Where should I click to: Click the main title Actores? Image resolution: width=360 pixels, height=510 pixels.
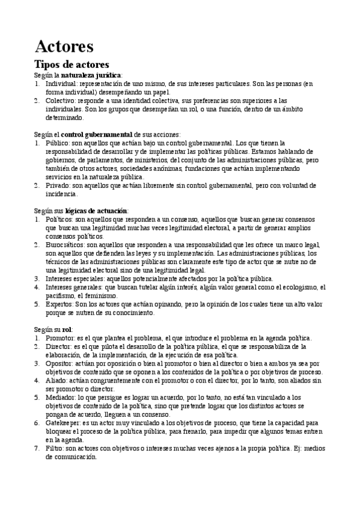[x=64, y=46]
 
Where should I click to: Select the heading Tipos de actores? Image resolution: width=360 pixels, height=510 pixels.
[x=72, y=64]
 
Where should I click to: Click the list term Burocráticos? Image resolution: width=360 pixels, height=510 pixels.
[x=66, y=245]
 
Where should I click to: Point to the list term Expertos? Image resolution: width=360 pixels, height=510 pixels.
[x=59, y=304]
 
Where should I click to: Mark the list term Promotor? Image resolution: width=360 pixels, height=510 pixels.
[x=60, y=339]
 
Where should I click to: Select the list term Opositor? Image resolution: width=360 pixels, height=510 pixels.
[x=59, y=364]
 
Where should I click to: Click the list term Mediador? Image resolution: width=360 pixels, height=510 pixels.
[x=61, y=398]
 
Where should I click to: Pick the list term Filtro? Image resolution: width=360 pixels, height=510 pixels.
[x=55, y=449]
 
